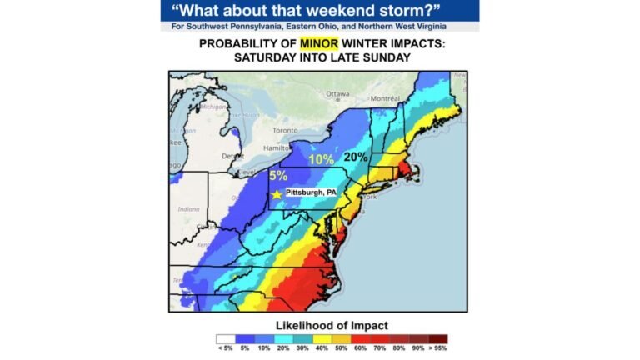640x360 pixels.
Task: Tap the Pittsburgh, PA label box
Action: coord(311,192)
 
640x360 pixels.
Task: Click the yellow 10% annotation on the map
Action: coord(320,159)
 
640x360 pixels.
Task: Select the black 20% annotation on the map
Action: coord(356,156)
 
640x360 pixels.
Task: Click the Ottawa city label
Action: coord(337,93)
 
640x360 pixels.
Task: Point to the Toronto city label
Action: coord(285,131)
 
